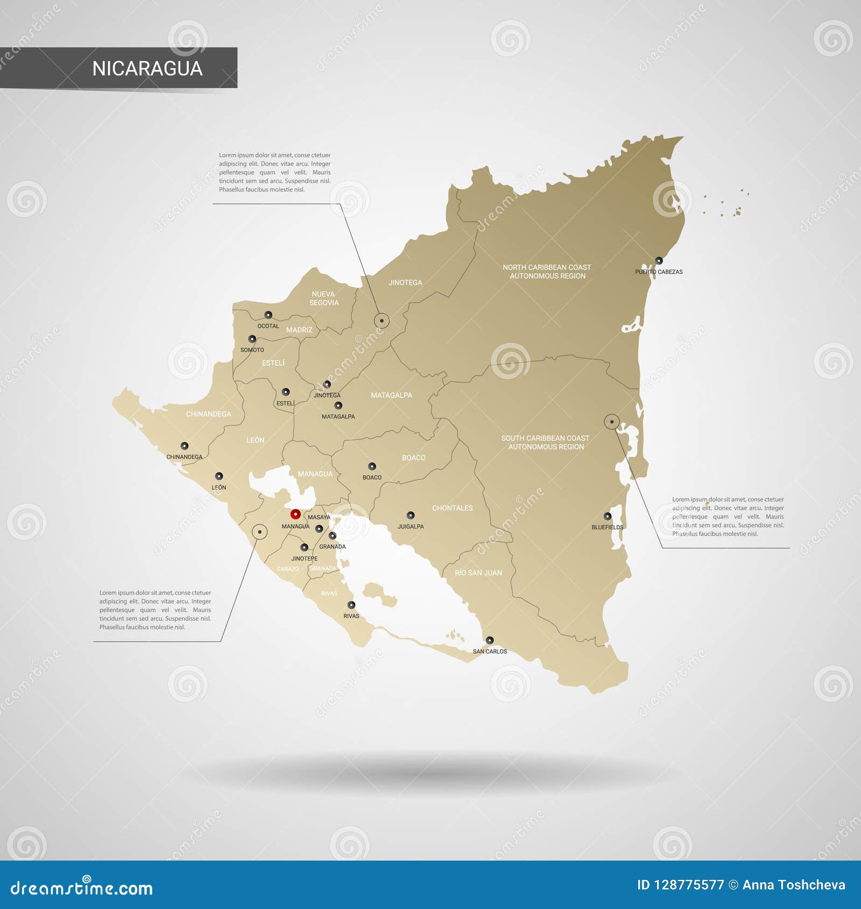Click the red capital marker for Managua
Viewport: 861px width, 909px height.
[x=295, y=514]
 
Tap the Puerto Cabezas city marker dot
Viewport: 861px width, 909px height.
[x=659, y=260]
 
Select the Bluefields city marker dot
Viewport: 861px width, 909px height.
[x=607, y=516]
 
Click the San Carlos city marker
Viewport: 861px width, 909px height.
[x=489, y=640]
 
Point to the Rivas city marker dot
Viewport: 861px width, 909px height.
[x=351, y=605]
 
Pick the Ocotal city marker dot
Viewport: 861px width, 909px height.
[x=268, y=315]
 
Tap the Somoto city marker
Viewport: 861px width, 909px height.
[x=252, y=339]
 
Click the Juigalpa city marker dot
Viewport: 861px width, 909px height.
[x=411, y=515]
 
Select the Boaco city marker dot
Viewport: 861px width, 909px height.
[x=372, y=466]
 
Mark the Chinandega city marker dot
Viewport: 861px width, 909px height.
[x=185, y=445]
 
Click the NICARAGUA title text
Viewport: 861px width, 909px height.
[x=147, y=68]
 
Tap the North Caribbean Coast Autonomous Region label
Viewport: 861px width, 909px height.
[x=547, y=272]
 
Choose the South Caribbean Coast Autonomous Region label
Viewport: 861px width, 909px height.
[x=545, y=442]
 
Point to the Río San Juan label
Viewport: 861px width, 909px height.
[x=478, y=573]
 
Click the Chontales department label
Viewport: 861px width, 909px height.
[x=452, y=508]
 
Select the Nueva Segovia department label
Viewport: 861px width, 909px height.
[x=323, y=299]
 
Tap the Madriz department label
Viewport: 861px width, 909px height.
[x=299, y=330]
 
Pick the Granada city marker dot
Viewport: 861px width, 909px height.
[x=333, y=536]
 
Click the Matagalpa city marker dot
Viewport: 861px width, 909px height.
[x=338, y=406]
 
